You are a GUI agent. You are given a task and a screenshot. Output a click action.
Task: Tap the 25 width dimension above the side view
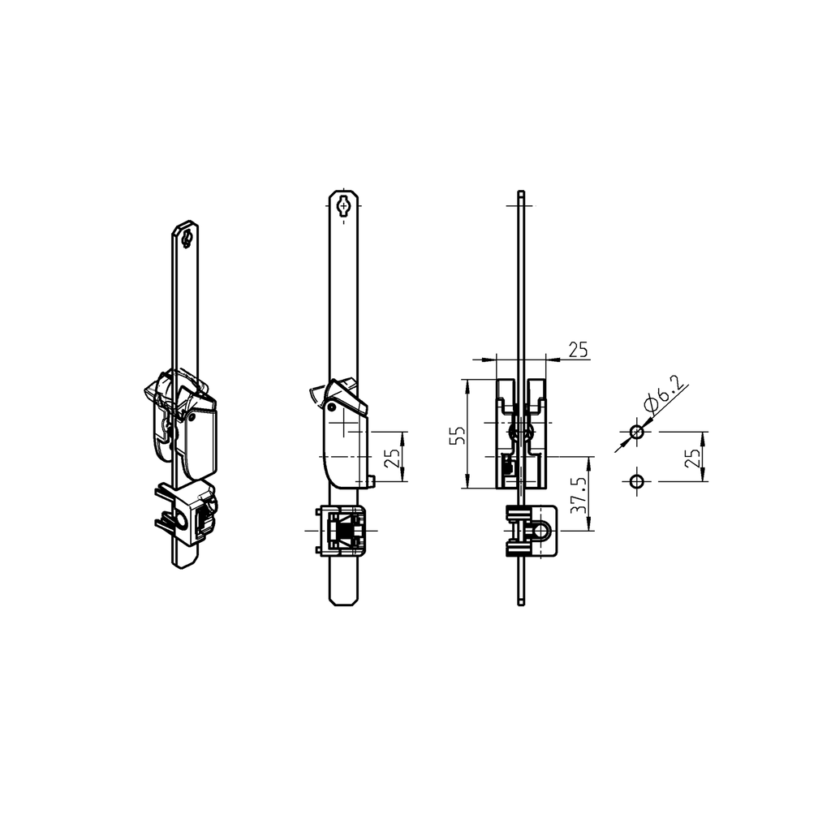(578, 350)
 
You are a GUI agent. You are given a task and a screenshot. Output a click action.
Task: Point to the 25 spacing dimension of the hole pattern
(692, 457)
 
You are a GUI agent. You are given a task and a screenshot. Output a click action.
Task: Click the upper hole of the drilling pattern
(637, 433)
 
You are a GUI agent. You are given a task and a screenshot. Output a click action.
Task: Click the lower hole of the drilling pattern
(637, 481)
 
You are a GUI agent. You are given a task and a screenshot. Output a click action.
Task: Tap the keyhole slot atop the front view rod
(344, 206)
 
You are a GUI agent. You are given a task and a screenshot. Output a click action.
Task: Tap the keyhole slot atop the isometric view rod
(187, 239)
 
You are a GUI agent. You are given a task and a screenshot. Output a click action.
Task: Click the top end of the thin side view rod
(520, 194)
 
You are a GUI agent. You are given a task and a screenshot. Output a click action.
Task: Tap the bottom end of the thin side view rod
(520, 601)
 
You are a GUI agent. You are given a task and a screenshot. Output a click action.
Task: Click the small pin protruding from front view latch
(371, 482)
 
